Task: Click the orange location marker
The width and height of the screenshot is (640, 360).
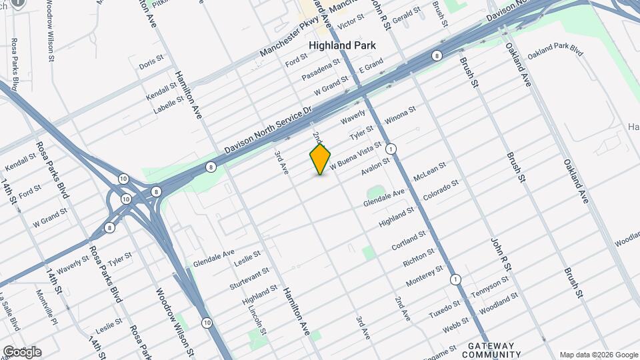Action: pos(320,159)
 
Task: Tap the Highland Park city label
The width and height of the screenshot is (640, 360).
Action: pos(343,45)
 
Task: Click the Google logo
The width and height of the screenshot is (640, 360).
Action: pos(22,352)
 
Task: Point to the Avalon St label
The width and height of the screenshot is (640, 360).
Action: pos(375,166)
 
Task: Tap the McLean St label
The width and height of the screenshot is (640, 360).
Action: pos(429,172)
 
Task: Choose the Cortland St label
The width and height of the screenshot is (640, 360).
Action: pos(409,241)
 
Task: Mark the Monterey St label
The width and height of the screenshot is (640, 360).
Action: pos(424,275)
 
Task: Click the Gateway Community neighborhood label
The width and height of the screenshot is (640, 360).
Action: pos(491,350)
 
